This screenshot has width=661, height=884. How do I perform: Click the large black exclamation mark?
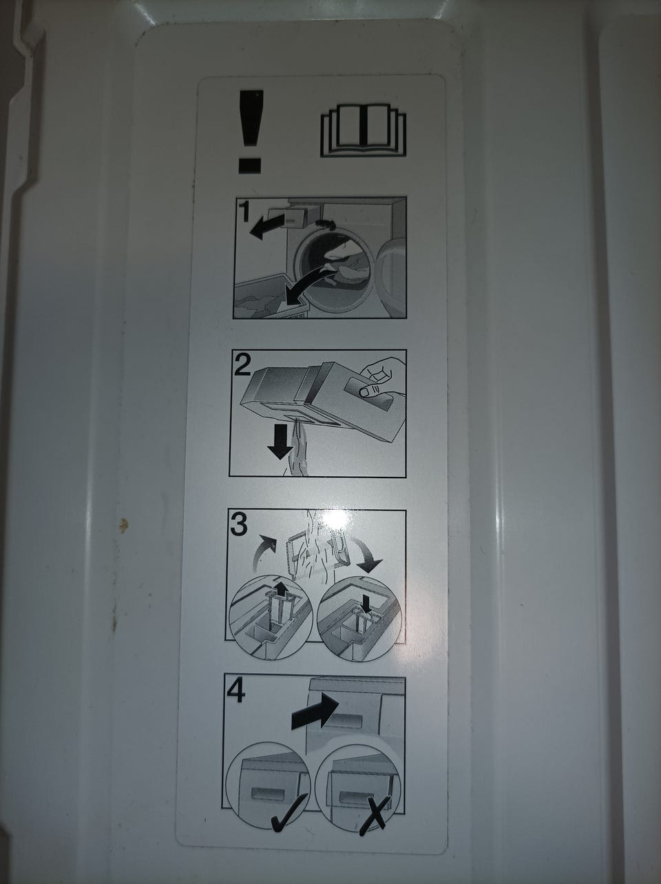(x=251, y=132)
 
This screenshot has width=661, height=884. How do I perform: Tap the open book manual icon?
(x=364, y=130)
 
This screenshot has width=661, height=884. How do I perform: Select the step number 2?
(x=242, y=364)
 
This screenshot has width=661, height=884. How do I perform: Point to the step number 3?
(x=239, y=524)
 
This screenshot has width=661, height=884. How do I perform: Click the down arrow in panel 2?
(x=281, y=442)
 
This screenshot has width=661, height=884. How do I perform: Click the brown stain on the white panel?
(x=124, y=525)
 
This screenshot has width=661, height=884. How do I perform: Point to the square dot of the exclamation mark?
(x=250, y=165)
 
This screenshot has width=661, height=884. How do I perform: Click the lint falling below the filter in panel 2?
(x=298, y=449)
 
